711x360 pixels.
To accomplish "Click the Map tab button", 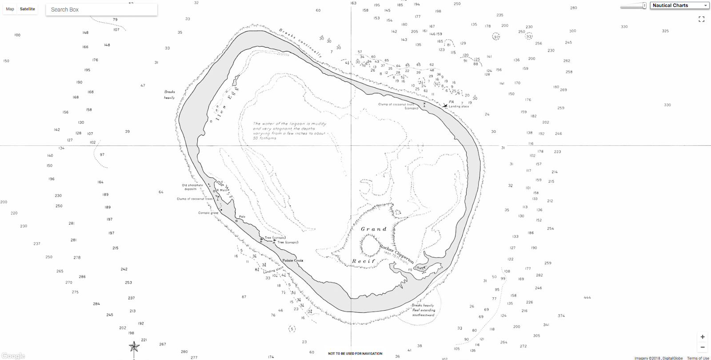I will click(10, 9).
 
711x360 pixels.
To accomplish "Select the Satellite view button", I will click(27, 9).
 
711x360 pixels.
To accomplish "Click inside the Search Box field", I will click(101, 9).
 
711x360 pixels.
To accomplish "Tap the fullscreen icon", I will click(702, 19).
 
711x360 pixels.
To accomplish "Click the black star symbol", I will click(134, 346).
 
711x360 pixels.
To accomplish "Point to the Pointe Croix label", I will click(293, 260).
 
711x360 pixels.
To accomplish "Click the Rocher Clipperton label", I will click(396, 254).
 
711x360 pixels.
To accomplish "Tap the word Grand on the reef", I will click(374, 229).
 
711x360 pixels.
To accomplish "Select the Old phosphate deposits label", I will click(192, 187).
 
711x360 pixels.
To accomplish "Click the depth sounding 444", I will click(587, 297).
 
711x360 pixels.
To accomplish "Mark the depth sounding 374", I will click(561, 316).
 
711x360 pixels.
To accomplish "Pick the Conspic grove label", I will click(208, 213).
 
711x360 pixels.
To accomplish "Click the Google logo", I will click(13, 356).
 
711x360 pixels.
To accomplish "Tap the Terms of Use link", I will click(698, 358).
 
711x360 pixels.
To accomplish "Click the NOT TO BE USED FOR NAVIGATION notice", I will click(355, 353).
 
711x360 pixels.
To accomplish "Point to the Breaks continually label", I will click(300, 43).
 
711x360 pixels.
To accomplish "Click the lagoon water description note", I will click(289, 131).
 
